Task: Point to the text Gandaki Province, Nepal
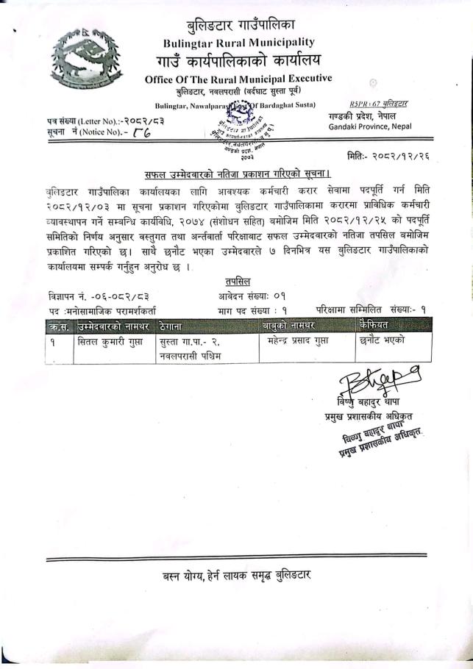point(370,126)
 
